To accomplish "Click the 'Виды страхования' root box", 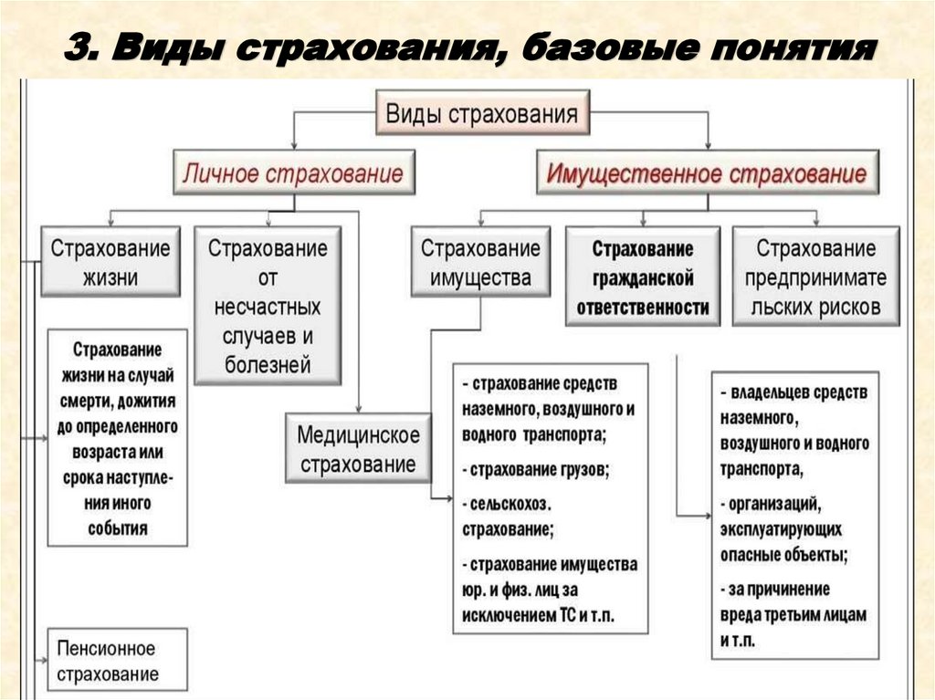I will pyautogui.click(x=482, y=113).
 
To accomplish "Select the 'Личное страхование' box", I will pyautogui.click(x=293, y=172).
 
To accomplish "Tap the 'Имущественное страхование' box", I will pyautogui.click(x=706, y=172).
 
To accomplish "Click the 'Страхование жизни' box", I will pyautogui.click(x=110, y=263).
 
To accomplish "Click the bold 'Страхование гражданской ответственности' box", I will pyautogui.click(x=643, y=277).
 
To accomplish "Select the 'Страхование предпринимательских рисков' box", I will pyautogui.click(x=815, y=277).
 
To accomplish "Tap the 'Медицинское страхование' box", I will pyautogui.click(x=358, y=448).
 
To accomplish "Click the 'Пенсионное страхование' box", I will pyautogui.click(x=116, y=661).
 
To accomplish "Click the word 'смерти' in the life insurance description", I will pyautogui.click(x=89, y=401).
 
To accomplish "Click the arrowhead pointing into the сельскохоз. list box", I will pyautogui.click(x=448, y=498).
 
